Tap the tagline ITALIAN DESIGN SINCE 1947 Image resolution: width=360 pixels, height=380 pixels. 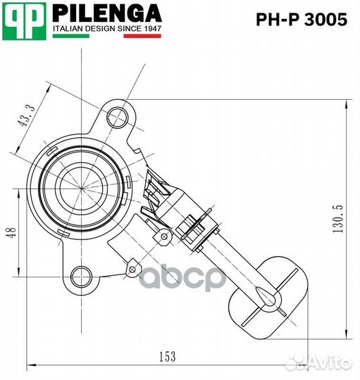tap(106, 30)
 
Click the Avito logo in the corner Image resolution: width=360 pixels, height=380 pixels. tap(328, 362)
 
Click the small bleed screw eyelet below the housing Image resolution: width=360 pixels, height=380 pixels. tap(131, 267)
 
